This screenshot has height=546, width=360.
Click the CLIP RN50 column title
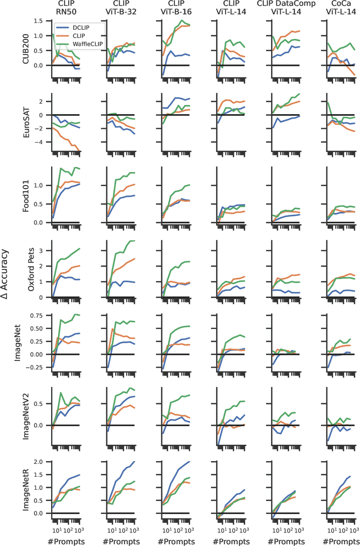point(65,8)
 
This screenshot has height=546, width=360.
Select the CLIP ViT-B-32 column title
point(120,8)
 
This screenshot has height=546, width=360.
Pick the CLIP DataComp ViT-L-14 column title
point(286,8)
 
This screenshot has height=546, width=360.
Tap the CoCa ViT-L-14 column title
point(340,8)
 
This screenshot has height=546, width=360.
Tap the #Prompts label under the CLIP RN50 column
point(65,539)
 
